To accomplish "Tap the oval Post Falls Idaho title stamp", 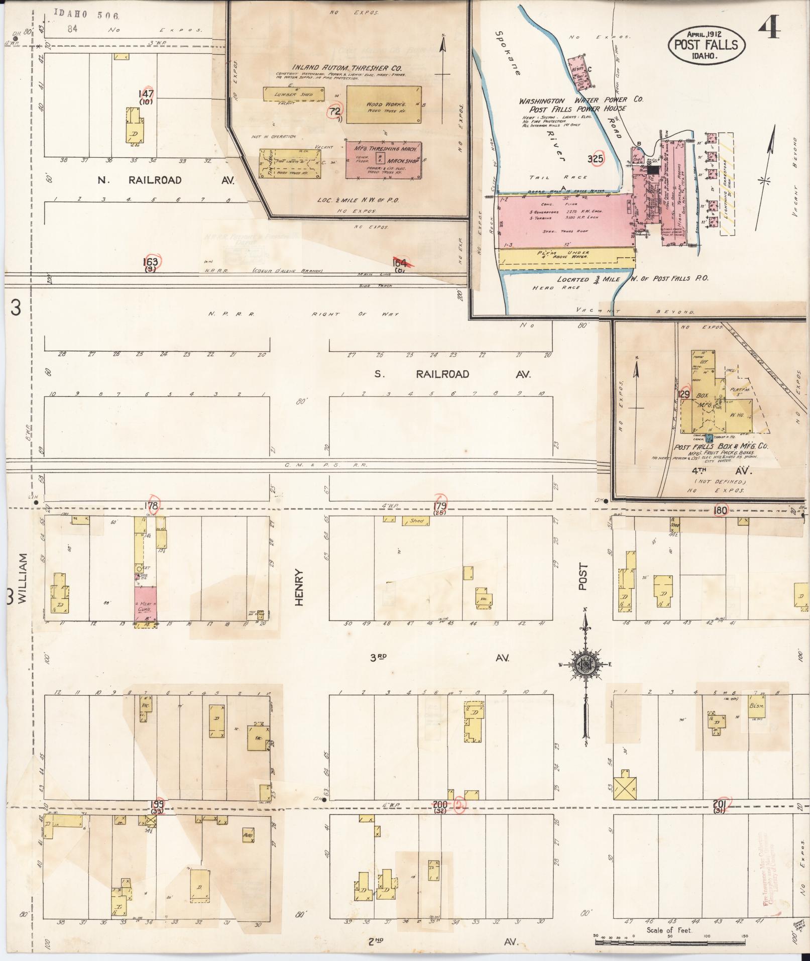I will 706,45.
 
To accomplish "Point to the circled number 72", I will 334,111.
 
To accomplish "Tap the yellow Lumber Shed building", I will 293,94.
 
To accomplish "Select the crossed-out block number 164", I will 400,262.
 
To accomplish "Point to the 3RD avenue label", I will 381,658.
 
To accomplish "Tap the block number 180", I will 720,510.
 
